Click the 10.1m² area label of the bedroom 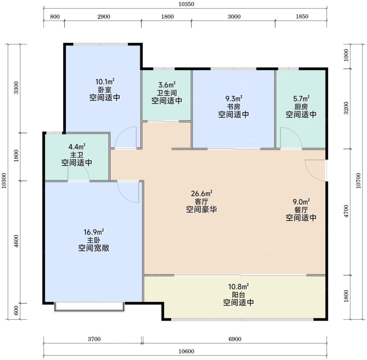[105, 82]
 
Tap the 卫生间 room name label [167, 93]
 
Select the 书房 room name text [234, 107]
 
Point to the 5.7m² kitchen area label [301, 98]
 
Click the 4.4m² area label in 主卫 [77, 147]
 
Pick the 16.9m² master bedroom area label [93, 232]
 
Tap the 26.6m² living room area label [202, 193]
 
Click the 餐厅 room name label [301, 210]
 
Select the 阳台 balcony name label [238, 294]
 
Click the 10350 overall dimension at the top [186, 4]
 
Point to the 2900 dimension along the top [104, 17]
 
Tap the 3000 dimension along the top [234, 17]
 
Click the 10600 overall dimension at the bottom [186, 351]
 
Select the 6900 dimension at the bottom [235, 339]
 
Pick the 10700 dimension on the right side [358, 181]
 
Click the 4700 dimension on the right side [346, 211]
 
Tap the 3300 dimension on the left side [16, 88]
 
